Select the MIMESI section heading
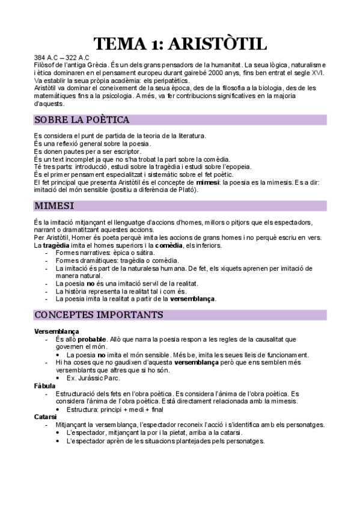pyautogui.click(x=54, y=206)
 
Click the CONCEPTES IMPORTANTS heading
pyautogui.click(x=99, y=315)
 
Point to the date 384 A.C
pyautogui.click(x=46, y=57)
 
